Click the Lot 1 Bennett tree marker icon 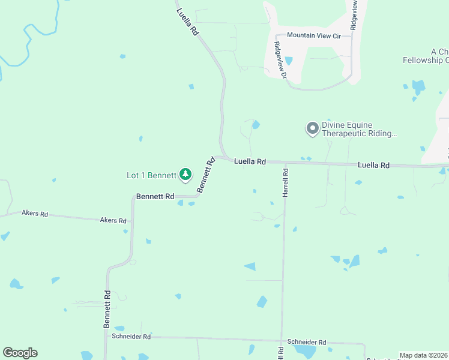pos(185,175)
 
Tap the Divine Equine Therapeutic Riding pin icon pos(312,128)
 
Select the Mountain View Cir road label pos(313,35)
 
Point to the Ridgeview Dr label pos(279,59)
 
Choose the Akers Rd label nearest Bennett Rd pos(114,220)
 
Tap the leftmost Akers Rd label pos(35,213)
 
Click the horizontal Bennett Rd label pos(155,196)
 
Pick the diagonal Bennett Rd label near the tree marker pos(206,175)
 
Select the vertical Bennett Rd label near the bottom pos(107,308)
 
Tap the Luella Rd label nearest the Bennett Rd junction pos(250,161)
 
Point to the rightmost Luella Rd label pos(373,165)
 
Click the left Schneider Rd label pos(131,337)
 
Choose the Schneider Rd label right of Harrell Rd pos(306,342)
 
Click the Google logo pos(20,353)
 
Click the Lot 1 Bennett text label pos(151,176)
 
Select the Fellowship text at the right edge pos(425,60)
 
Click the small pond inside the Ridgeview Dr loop pos(289,61)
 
